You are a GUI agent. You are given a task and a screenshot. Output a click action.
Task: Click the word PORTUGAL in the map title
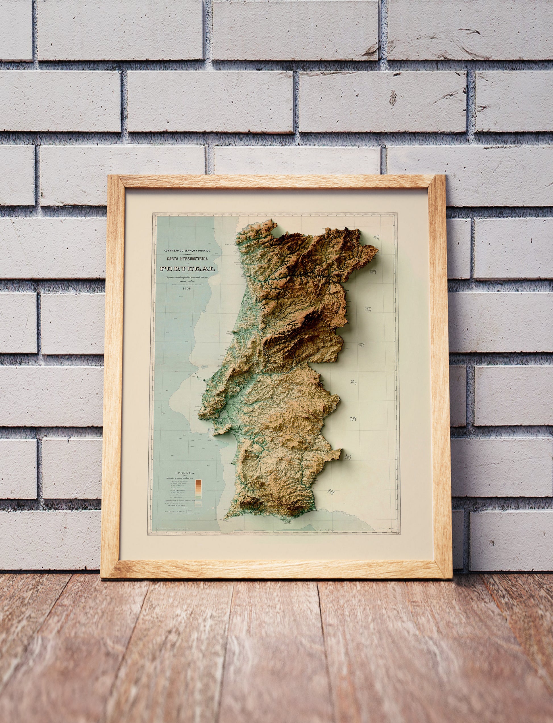pyautogui.click(x=187, y=268)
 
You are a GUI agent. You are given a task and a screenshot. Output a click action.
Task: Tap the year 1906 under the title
pyautogui.click(x=186, y=288)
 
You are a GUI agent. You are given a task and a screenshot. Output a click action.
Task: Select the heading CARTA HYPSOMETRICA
pyautogui.click(x=187, y=259)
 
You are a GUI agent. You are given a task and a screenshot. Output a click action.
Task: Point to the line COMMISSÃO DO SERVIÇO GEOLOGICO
pyautogui.click(x=187, y=251)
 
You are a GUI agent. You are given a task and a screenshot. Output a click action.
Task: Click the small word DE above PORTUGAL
pyautogui.click(x=187, y=264)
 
